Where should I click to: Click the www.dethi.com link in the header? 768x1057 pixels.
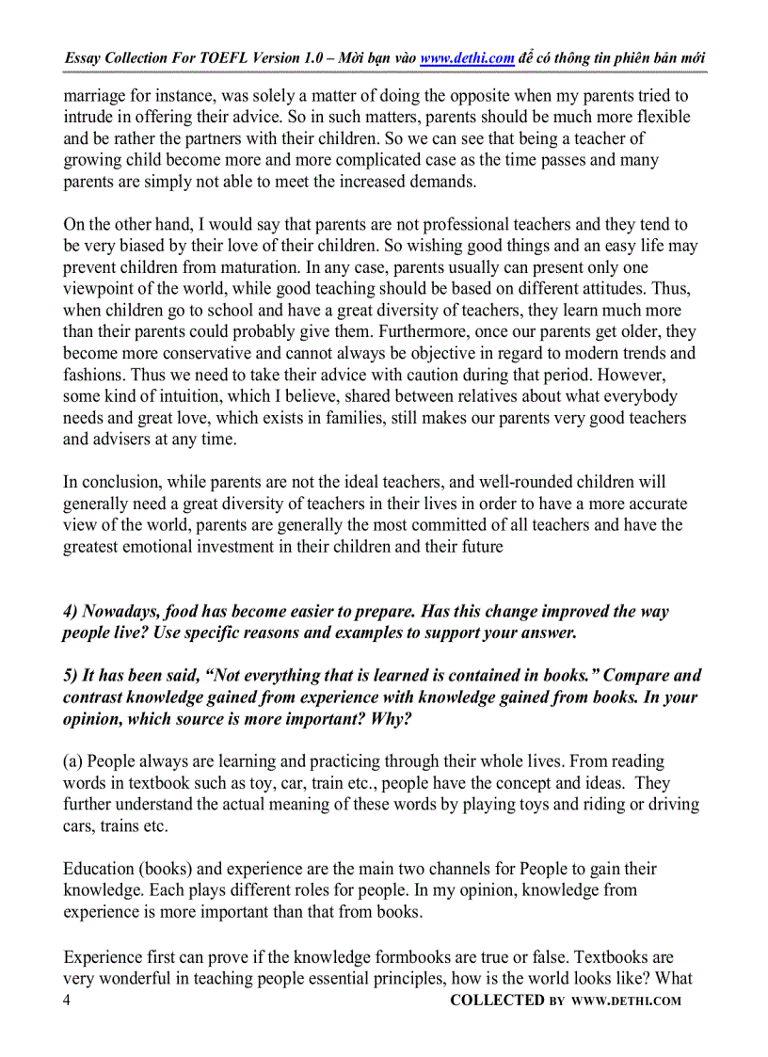tap(467, 58)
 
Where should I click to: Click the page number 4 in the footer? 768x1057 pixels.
tap(67, 1001)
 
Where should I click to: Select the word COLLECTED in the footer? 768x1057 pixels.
tap(497, 1001)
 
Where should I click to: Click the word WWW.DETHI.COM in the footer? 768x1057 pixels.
tap(625, 1001)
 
